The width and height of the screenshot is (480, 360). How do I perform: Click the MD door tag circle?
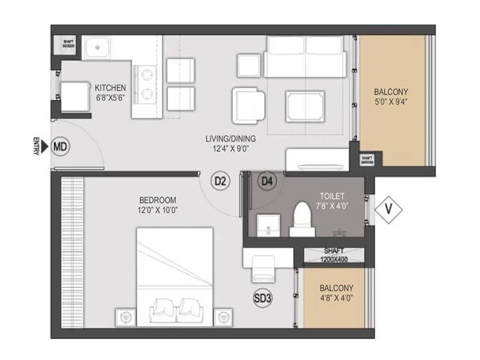[59, 146]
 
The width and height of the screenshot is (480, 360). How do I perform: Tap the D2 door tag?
[221, 180]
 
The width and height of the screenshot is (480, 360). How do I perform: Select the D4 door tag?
[267, 180]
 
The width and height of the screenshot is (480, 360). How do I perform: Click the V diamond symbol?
[388, 209]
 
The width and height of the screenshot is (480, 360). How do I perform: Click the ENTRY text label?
[37, 146]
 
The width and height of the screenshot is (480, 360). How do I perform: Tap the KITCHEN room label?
[110, 88]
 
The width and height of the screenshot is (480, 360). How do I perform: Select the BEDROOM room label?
[158, 200]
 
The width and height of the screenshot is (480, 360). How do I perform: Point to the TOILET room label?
[331, 196]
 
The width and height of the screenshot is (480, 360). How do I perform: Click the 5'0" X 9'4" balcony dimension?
[391, 102]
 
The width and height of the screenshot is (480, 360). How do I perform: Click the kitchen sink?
[97, 46]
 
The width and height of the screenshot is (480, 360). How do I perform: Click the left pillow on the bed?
[163, 308]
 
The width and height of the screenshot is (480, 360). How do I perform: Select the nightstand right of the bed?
[224, 315]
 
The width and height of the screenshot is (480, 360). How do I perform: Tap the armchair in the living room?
[247, 106]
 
